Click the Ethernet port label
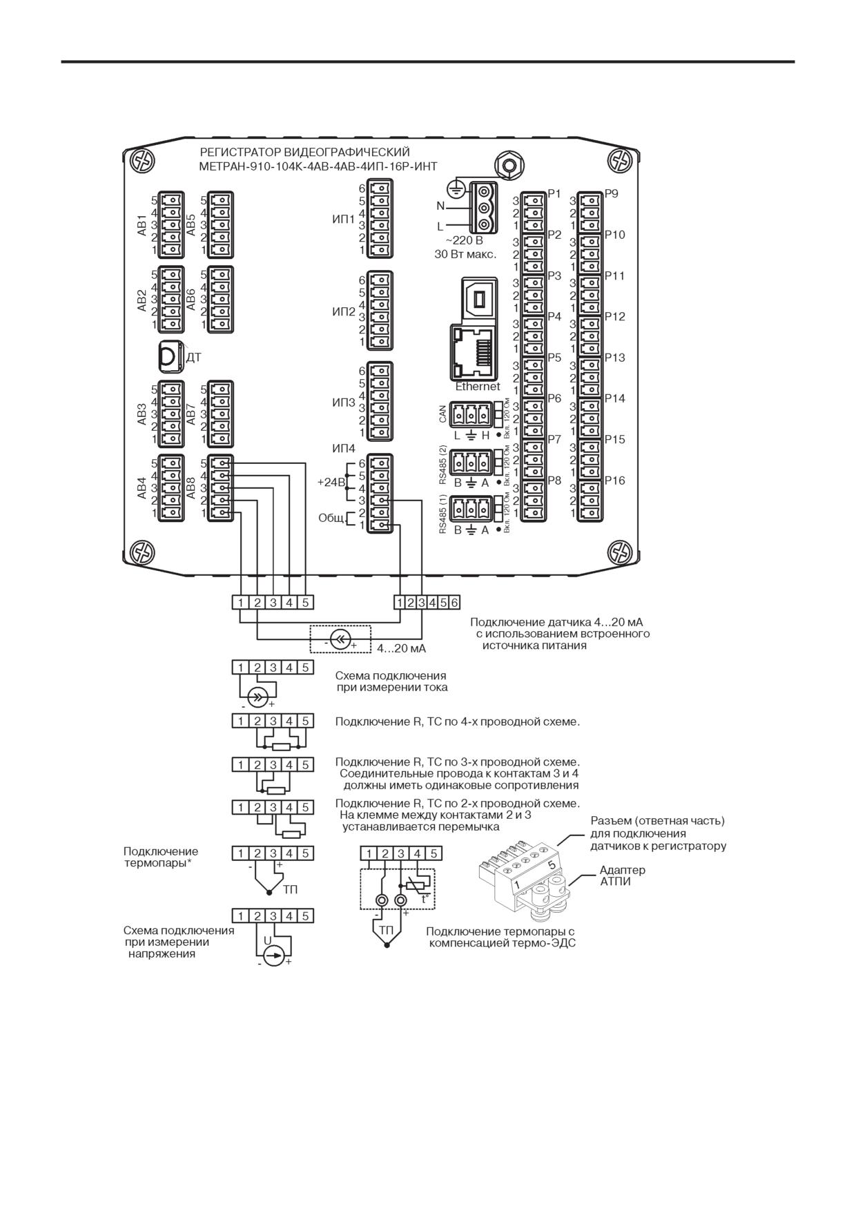(477, 387)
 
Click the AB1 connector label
(142, 226)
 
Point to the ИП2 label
(343, 312)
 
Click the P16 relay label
(615, 481)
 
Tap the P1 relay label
(554, 194)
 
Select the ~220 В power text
(464, 241)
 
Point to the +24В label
(330, 482)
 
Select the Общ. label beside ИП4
(331, 518)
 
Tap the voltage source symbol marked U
(274, 956)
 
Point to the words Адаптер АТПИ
(622, 875)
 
